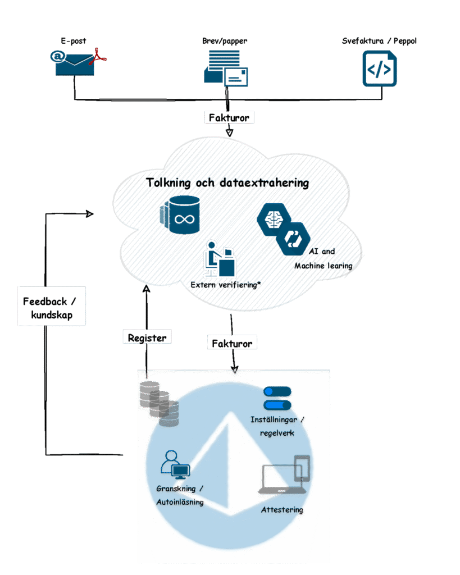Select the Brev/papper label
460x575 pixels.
tap(225, 41)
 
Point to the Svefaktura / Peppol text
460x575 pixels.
tap(380, 41)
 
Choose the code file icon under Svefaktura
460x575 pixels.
tap(380, 69)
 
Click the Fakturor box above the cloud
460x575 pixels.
tap(229, 118)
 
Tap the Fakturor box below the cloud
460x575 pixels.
tap(232, 343)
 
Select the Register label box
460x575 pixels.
tap(147, 337)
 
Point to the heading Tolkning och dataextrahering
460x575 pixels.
tap(227, 183)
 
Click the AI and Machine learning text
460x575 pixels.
tap(322, 259)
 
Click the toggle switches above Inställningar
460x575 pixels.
tap(277, 398)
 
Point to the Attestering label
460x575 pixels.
tap(282, 510)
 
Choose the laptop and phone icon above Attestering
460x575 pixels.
tap(284, 476)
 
